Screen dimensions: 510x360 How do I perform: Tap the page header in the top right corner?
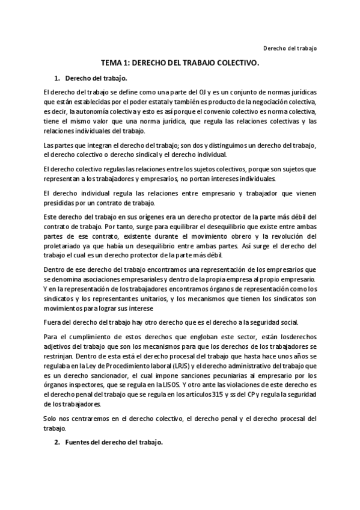coord(290,48)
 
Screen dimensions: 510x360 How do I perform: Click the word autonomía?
coord(92,111)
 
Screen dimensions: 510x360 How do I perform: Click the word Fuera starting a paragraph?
coord(52,322)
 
